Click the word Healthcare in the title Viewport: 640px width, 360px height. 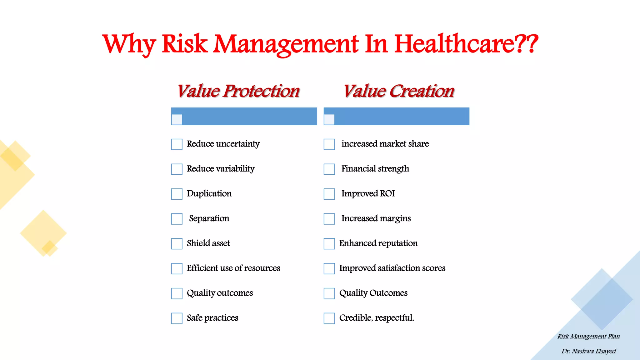pos(466,44)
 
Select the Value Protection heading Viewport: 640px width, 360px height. pos(238,91)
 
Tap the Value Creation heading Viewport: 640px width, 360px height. pos(399,91)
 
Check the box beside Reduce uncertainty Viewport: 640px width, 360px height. pos(177,144)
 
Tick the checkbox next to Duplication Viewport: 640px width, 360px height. pos(177,194)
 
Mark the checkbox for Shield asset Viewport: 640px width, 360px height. pos(177,244)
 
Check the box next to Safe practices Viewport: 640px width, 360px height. pos(177,318)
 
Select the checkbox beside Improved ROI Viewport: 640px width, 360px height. pos(329,194)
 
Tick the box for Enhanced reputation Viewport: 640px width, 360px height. pos(329,244)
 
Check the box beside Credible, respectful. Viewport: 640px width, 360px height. pos(329,318)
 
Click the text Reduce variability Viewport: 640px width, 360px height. pos(221,169)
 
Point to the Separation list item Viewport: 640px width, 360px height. pos(209,218)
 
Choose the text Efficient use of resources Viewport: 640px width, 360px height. pos(233,268)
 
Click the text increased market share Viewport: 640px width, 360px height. pos(385,144)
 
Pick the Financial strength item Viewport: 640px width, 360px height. pos(375,169)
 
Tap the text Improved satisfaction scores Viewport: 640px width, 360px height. pos(392,268)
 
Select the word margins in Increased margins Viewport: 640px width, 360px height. pos(396,218)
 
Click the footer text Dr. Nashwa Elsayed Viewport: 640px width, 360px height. pos(589,351)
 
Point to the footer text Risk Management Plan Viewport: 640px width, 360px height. pos(589,337)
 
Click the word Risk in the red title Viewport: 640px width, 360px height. pos(185,44)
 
